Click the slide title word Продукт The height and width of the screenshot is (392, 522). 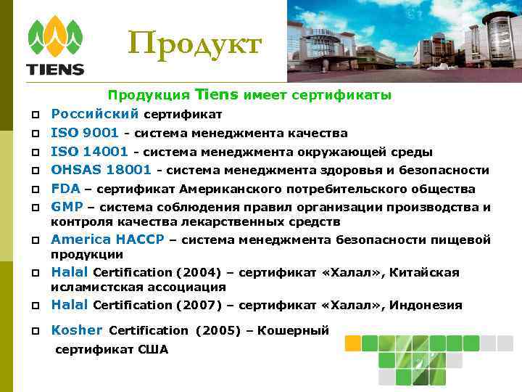pyautogui.click(x=194, y=44)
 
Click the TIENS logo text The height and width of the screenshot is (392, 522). pyautogui.click(x=55, y=70)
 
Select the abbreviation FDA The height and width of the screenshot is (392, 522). pyautogui.click(x=65, y=189)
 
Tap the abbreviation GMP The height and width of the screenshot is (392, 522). pyautogui.click(x=67, y=207)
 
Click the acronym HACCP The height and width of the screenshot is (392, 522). pyautogui.click(x=140, y=240)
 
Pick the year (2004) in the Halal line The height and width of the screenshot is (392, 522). pyautogui.click(x=196, y=273)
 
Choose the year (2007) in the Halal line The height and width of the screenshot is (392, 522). pyautogui.click(x=196, y=306)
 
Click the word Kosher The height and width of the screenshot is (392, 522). pyautogui.click(x=77, y=330)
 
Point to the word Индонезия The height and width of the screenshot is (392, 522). pyautogui.click(x=426, y=306)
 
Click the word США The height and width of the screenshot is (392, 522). pyautogui.click(x=153, y=350)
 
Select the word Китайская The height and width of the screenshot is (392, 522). pyautogui.click(x=424, y=273)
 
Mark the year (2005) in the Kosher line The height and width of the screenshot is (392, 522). pyautogui.click(x=219, y=331)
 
